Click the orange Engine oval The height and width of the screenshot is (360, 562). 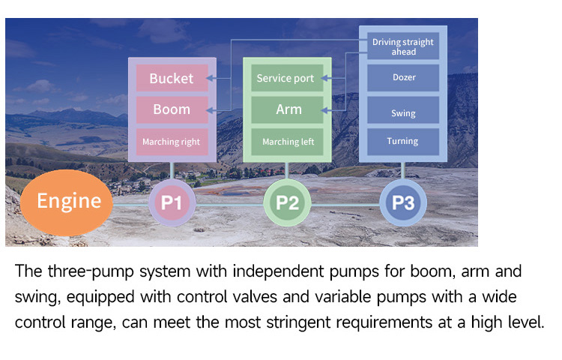[x=69, y=201]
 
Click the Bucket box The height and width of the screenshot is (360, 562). [x=172, y=78]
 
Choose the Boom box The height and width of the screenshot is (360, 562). [x=172, y=109]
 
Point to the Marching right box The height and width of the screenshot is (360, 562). [x=172, y=141]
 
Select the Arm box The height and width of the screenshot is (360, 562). [x=288, y=109]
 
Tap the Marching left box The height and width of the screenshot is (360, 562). [x=288, y=141]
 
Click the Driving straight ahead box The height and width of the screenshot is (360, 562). [x=403, y=46]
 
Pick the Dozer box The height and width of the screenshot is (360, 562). [x=403, y=77]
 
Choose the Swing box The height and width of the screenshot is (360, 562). [x=403, y=113]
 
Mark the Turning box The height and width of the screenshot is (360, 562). [x=403, y=141]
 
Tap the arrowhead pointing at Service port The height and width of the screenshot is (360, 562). [x=328, y=78]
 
